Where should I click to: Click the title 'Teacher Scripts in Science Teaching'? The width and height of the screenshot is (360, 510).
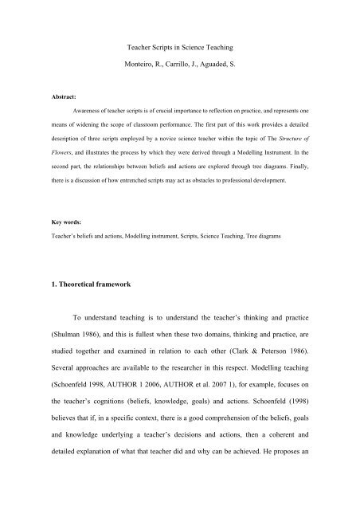[180, 50]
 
